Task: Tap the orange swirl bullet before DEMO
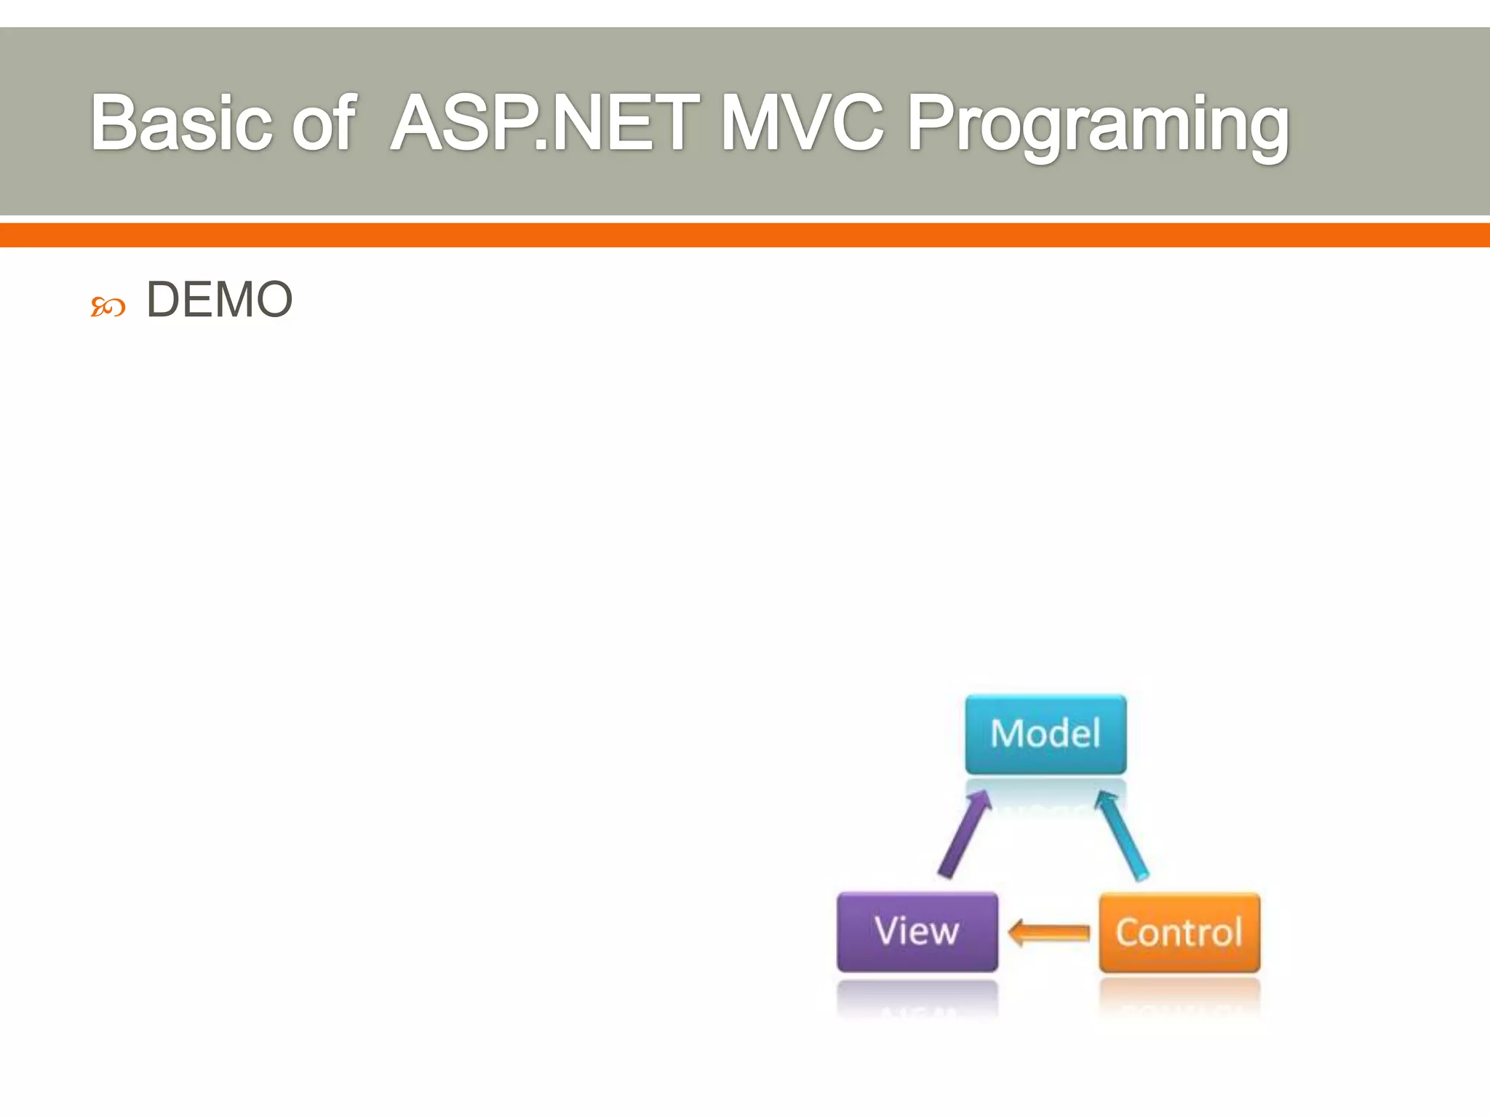(108, 307)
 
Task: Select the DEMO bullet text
(219, 300)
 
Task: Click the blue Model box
(1045, 734)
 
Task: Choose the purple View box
(917, 932)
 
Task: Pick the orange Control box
(1179, 932)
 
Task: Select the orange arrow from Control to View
(1048, 932)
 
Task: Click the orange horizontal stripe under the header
(745, 235)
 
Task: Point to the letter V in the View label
(887, 931)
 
